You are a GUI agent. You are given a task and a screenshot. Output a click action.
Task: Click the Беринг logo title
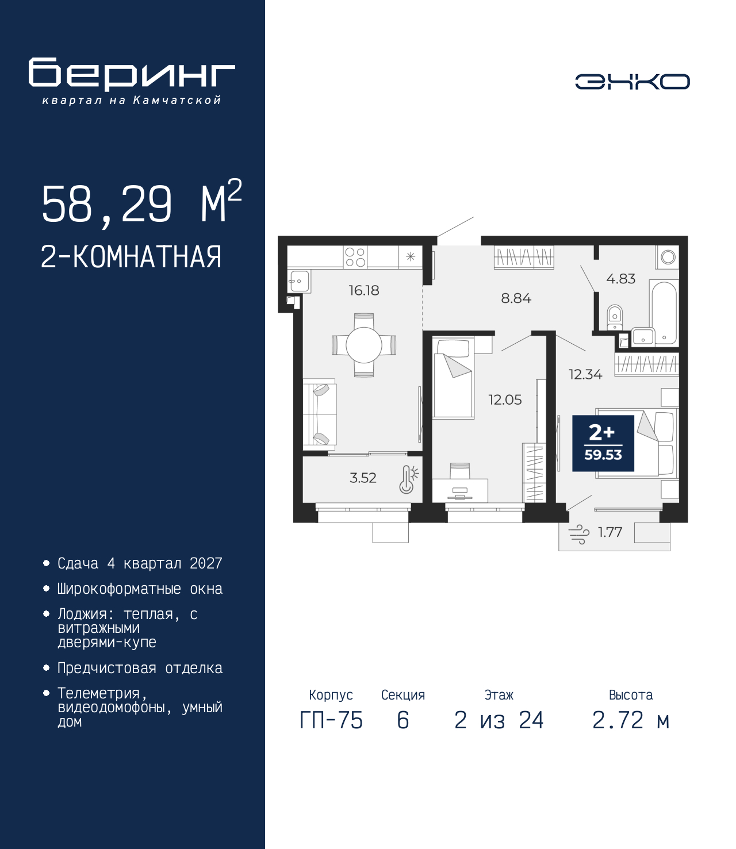[x=132, y=74]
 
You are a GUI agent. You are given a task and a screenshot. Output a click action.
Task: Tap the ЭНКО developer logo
[x=632, y=81]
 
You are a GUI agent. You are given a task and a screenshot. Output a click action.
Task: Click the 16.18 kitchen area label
[x=363, y=290]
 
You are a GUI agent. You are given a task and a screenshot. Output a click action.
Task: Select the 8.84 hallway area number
[x=516, y=298]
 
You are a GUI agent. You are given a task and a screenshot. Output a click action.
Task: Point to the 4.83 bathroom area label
[x=620, y=279]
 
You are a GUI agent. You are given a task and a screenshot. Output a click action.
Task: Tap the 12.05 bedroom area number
[x=505, y=399]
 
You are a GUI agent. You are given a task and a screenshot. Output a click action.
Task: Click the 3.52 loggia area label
[x=363, y=478]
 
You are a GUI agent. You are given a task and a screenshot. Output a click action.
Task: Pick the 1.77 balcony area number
[x=610, y=532]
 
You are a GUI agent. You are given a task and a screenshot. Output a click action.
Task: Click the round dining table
[x=364, y=345]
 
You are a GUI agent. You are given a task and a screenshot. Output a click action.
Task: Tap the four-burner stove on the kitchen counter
[x=355, y=258]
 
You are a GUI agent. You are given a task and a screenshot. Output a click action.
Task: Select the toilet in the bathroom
[x=614, y=317]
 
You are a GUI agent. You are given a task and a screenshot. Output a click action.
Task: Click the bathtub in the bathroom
[x=664, y=313]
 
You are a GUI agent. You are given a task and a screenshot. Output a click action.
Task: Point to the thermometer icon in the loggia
[x=408, y=479]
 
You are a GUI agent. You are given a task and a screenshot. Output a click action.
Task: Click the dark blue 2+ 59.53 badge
[x=603, y=443]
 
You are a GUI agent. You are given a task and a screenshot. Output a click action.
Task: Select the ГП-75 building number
[x=331, y=720]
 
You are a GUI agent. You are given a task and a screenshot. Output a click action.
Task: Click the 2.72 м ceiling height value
[x=630, y=720]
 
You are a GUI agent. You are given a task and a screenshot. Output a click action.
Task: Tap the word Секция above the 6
[x=402, y=695]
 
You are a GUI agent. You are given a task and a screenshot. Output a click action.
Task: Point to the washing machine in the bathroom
[x=668, y=258]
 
